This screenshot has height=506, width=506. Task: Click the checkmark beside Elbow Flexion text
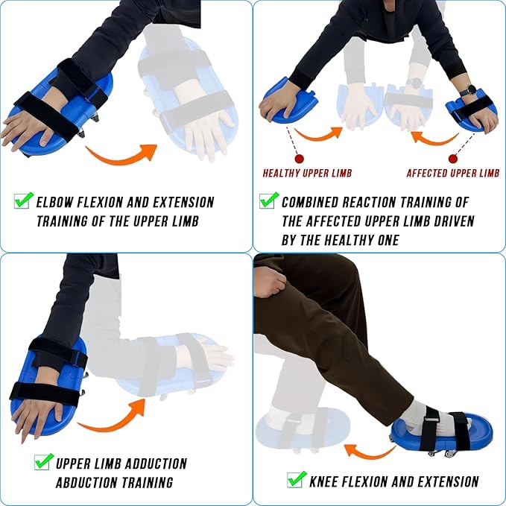[24, 200]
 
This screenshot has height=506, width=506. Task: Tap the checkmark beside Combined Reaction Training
[268, 200]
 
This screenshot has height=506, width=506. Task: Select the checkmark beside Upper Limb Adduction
[44, 462]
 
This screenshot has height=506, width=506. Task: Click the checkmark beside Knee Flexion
[296, 479]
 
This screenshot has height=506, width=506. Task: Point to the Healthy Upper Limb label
[307, 174]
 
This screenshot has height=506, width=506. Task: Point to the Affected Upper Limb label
[452, 174]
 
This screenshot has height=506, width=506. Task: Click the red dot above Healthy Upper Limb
[299, 159]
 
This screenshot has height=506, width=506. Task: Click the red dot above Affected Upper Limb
[453, 159]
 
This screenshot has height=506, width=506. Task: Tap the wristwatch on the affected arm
[467, 92]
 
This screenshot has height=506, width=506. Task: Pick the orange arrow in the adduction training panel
[111, 418]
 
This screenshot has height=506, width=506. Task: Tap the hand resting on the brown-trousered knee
[269, 282]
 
